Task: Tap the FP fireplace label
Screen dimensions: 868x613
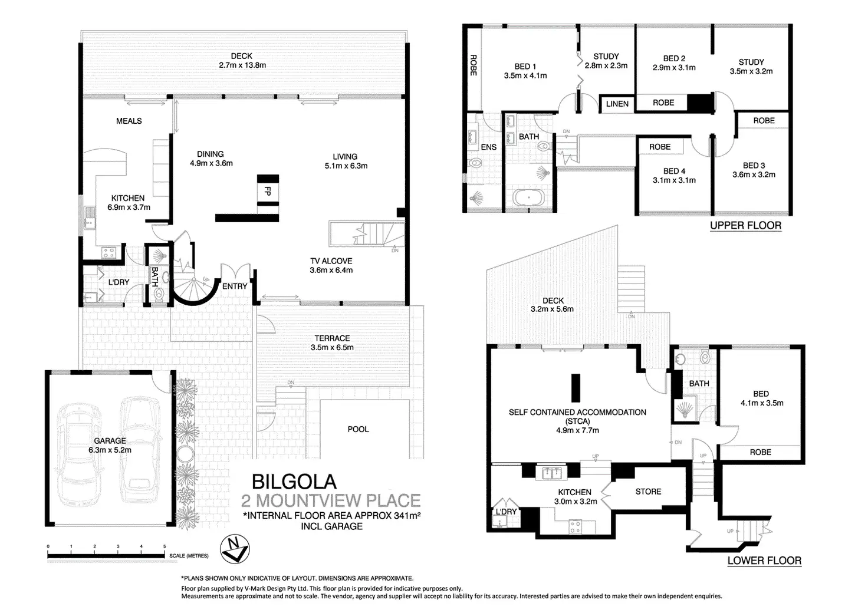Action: click(268, 192)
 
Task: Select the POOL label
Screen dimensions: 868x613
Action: click(358, 429)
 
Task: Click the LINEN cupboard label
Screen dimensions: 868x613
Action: click(617, 104)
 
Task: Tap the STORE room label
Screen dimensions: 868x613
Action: click(648, 491)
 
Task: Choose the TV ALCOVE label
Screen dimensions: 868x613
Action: click(331, 261)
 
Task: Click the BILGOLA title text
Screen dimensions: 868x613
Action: click(294, 482)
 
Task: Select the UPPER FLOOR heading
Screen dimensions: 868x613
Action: click(745, 225)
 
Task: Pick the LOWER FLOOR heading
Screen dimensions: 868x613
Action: click(764, 561)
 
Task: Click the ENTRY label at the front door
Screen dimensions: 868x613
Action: click(235, 286)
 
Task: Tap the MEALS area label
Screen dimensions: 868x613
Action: click(129, 121)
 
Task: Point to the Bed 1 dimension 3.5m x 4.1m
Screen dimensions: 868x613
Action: click(525, 75)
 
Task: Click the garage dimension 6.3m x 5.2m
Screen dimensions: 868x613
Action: click(110, 450)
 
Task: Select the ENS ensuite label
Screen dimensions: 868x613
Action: click(489, 147)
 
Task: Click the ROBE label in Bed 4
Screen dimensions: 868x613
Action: click(660, 147)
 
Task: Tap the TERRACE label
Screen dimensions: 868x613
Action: click(332, 338)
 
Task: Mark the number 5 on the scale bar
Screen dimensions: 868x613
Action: click(165, 547)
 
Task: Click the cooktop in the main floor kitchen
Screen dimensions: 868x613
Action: click(109, 253)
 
